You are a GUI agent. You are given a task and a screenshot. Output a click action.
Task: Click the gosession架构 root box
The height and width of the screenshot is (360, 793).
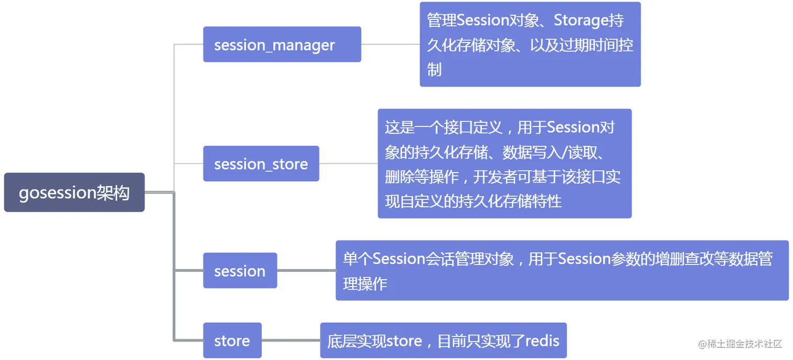[74, 193]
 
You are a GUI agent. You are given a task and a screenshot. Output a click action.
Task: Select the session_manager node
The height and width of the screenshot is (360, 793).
[282, 44]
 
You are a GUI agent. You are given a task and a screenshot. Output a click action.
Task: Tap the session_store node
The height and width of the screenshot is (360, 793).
[261, 163]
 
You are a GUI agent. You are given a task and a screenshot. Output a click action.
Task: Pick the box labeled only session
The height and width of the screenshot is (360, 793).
[240, 270]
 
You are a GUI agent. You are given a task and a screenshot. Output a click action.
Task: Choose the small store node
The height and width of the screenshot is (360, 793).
[232, 340]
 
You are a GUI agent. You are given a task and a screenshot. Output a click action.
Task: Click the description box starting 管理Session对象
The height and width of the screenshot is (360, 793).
[530, 44]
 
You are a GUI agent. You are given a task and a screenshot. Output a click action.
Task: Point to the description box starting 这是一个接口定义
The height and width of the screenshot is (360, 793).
[505, 163]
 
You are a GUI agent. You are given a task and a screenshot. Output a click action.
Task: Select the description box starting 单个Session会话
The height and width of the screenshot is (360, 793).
[562, 270]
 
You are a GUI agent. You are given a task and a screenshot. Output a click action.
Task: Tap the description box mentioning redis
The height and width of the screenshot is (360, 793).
[443, 340]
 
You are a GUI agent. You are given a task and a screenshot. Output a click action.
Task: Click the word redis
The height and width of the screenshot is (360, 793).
[542, 341]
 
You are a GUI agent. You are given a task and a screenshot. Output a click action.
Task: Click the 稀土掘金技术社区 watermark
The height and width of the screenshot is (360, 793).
[740, 344]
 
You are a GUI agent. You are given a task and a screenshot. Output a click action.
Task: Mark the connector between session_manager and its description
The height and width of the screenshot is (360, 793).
[391, 44]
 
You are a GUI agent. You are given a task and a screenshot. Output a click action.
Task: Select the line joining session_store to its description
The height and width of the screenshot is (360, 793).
[348, 163]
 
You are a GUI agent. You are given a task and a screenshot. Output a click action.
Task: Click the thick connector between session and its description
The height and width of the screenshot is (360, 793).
[306, 270]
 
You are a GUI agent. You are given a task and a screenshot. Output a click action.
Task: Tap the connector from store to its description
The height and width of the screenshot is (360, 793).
[291, 340]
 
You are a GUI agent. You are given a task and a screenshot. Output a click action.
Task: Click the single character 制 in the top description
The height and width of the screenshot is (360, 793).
[434, 69]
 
